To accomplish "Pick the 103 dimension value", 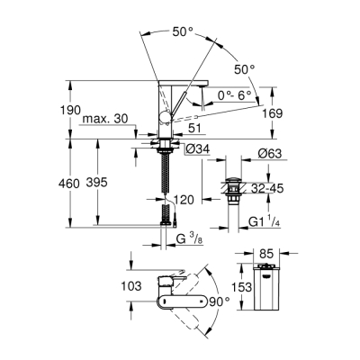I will (130, 286).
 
